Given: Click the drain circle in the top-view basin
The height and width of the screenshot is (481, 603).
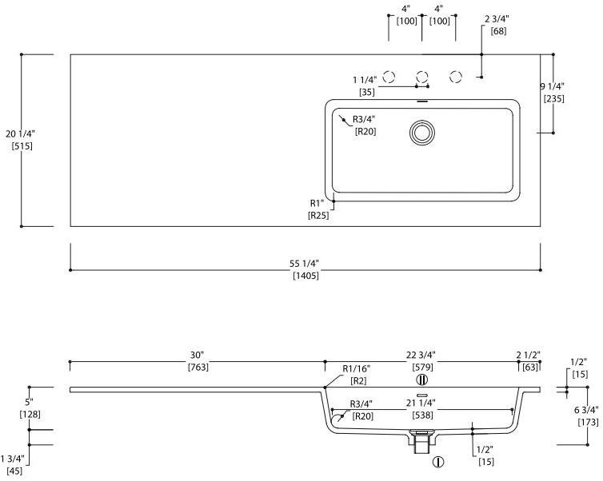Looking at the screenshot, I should pyautogui.click(x=422, y=131).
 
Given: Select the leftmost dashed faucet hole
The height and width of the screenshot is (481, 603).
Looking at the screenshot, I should pyautogui.click(x=389, y=77).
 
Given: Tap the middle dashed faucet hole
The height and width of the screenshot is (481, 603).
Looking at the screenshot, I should pyautogui.click(x=422, y=77).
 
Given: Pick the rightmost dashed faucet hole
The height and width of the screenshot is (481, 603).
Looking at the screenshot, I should pyautogui.click(x=456, y=77).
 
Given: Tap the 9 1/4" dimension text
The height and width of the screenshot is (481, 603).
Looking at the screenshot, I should pyautogui.click(x=553, y=86).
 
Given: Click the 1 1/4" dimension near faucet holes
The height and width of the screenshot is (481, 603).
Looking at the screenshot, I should pyautogui.click(x=366, y=80).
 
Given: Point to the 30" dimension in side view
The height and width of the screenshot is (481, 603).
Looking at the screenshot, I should pyautogui.click(x=198, y=354).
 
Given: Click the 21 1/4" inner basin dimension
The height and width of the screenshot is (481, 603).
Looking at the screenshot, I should pyautogui.click(x=421, y=403).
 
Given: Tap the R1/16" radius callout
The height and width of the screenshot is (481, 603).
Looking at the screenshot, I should pyautogui.click(x=357, y=368).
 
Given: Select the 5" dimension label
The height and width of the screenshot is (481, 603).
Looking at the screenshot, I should pyautogui.click(x=29, y=402).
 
